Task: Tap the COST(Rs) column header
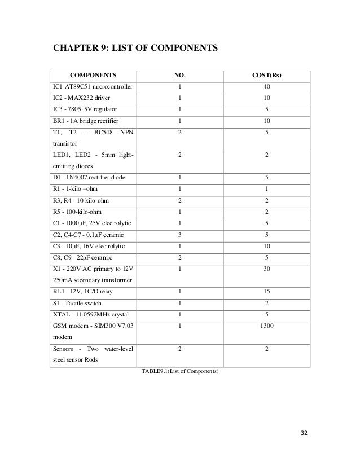tap(267, 74)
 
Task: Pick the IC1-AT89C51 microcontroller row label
tap(90, 87)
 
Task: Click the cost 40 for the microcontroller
tap(267, 87)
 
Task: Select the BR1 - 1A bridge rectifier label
tap(83, 121)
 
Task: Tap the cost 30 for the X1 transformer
tap(267, 270)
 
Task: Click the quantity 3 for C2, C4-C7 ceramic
tap(179, 235)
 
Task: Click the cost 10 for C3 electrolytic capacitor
tap(267, 247)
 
